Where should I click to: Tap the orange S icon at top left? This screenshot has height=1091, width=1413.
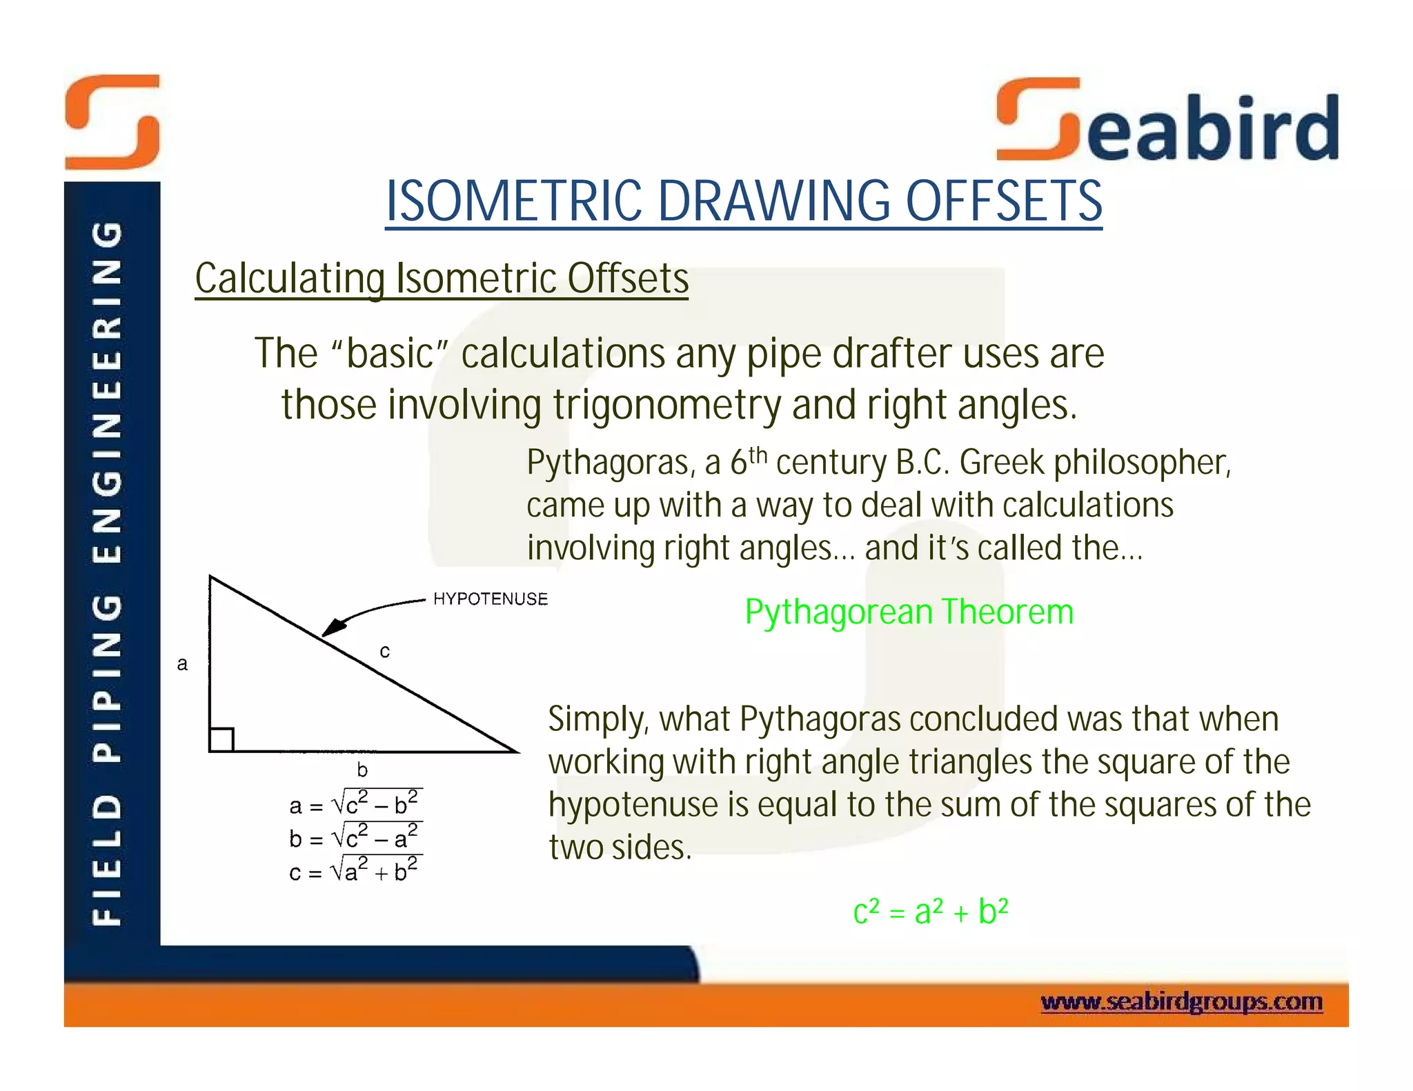click(x=112, y=122)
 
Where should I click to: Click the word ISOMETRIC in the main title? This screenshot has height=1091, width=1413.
click(x=513, y=201)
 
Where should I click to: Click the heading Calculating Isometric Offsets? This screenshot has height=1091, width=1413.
click(x=442, y=279)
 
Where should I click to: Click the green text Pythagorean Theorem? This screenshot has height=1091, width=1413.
click(x=909, y=612)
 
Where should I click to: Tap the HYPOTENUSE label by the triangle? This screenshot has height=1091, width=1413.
click(x=490, y=599)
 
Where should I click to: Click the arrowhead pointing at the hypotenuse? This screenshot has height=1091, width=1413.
click(x=334, y=627)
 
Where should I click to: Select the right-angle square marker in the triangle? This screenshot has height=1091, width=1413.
click(x=221, y=739)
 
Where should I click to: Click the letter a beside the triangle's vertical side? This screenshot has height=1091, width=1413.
click(x=182, y=663)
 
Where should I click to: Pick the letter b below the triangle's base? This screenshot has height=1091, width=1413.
click(x=362, y=770)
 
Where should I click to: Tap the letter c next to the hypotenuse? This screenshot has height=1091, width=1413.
click(x=385, y=650)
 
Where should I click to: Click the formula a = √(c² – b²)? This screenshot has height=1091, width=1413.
click(x=355, y=804)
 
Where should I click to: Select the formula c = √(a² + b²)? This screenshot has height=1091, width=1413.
click(x=355, y=871)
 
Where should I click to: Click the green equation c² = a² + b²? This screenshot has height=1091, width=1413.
click(x=930, y=912)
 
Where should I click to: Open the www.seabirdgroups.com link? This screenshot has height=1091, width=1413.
click(x=1181, y=1001)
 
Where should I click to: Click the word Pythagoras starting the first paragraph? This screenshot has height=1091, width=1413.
click(x=607, y=463)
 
